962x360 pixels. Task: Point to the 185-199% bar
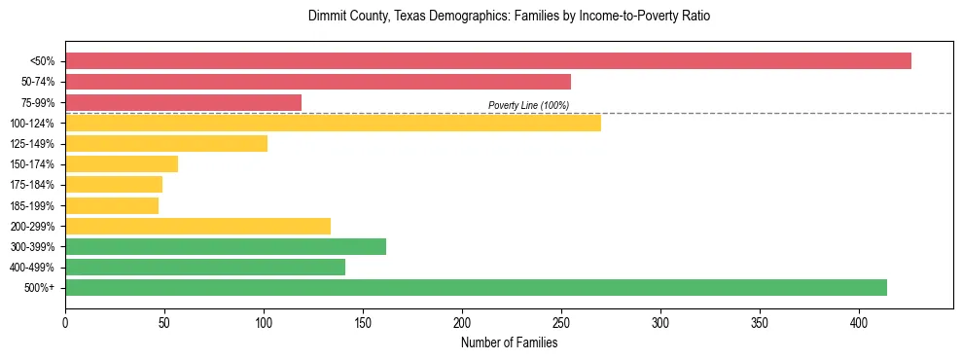[x=112, y=205]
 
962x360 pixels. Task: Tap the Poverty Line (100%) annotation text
[x=528, y=105]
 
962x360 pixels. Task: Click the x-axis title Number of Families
[x=509, y=342]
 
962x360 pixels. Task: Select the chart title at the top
[x=516, y=17]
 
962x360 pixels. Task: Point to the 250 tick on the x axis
[x=561, y=322]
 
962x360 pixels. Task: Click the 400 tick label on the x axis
[x=859, y=322]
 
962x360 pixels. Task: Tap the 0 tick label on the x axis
[x=65, y=322]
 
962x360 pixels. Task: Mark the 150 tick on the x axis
[x=363, y=322]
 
